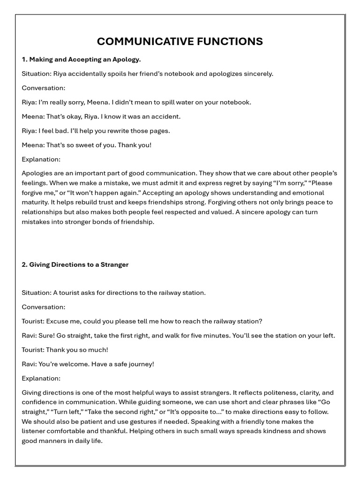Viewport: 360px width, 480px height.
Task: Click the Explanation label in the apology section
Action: tap(41, 159)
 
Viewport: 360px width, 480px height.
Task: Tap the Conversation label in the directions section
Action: tap(43, 307)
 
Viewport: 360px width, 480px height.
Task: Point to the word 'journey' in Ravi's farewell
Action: tap(141, 364)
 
